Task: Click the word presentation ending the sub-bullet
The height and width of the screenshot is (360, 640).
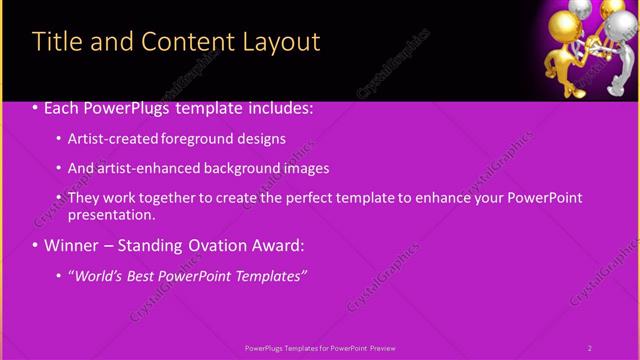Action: click(x=110, y=215)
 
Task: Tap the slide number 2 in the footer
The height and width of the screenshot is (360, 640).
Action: click(x=589, y=348)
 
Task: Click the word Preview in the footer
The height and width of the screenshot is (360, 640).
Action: click(x=381, y=348)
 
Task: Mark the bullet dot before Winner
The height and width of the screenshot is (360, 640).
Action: click(x=36, y=245)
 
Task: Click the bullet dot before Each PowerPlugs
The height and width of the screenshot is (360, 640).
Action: click(x=36, y=108)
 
